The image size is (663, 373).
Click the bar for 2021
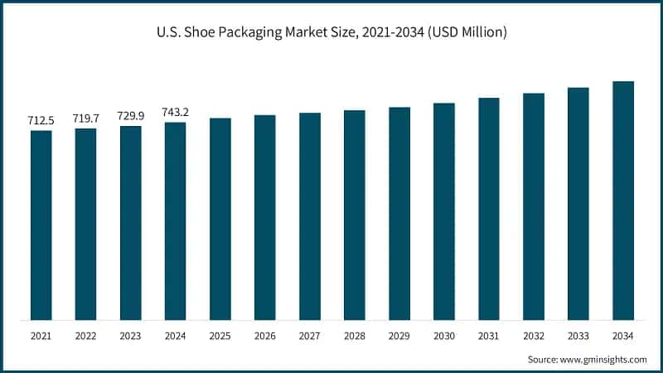click(41, 224)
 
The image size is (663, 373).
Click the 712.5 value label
click(41, 121)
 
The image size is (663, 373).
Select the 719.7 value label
click(85, 119)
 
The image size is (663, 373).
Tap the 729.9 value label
click(130, 116)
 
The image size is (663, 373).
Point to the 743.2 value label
click(175, 113)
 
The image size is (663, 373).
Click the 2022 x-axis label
click(85, 337)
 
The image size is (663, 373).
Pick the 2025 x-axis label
click(220, 337)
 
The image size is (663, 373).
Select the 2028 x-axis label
click(355, 337)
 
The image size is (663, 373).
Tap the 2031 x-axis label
click(489, 337)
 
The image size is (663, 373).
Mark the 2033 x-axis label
click(578, 337)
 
